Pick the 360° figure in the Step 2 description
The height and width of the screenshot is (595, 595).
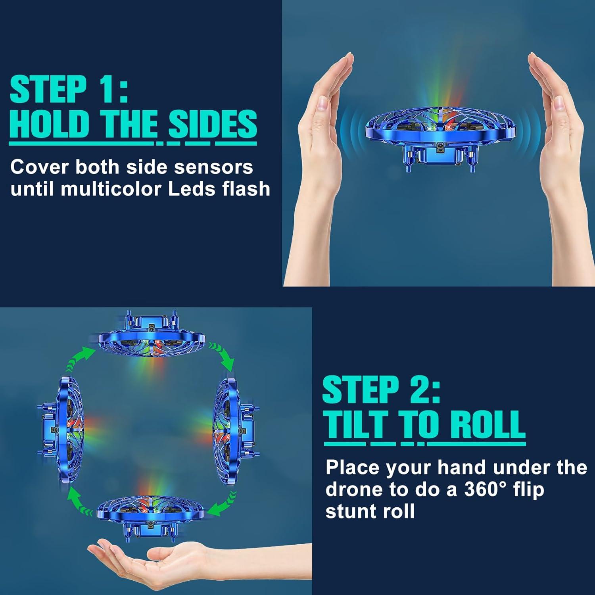[487, 489]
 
